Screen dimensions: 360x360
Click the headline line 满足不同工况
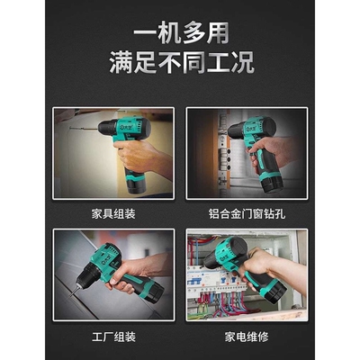point(180,63)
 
